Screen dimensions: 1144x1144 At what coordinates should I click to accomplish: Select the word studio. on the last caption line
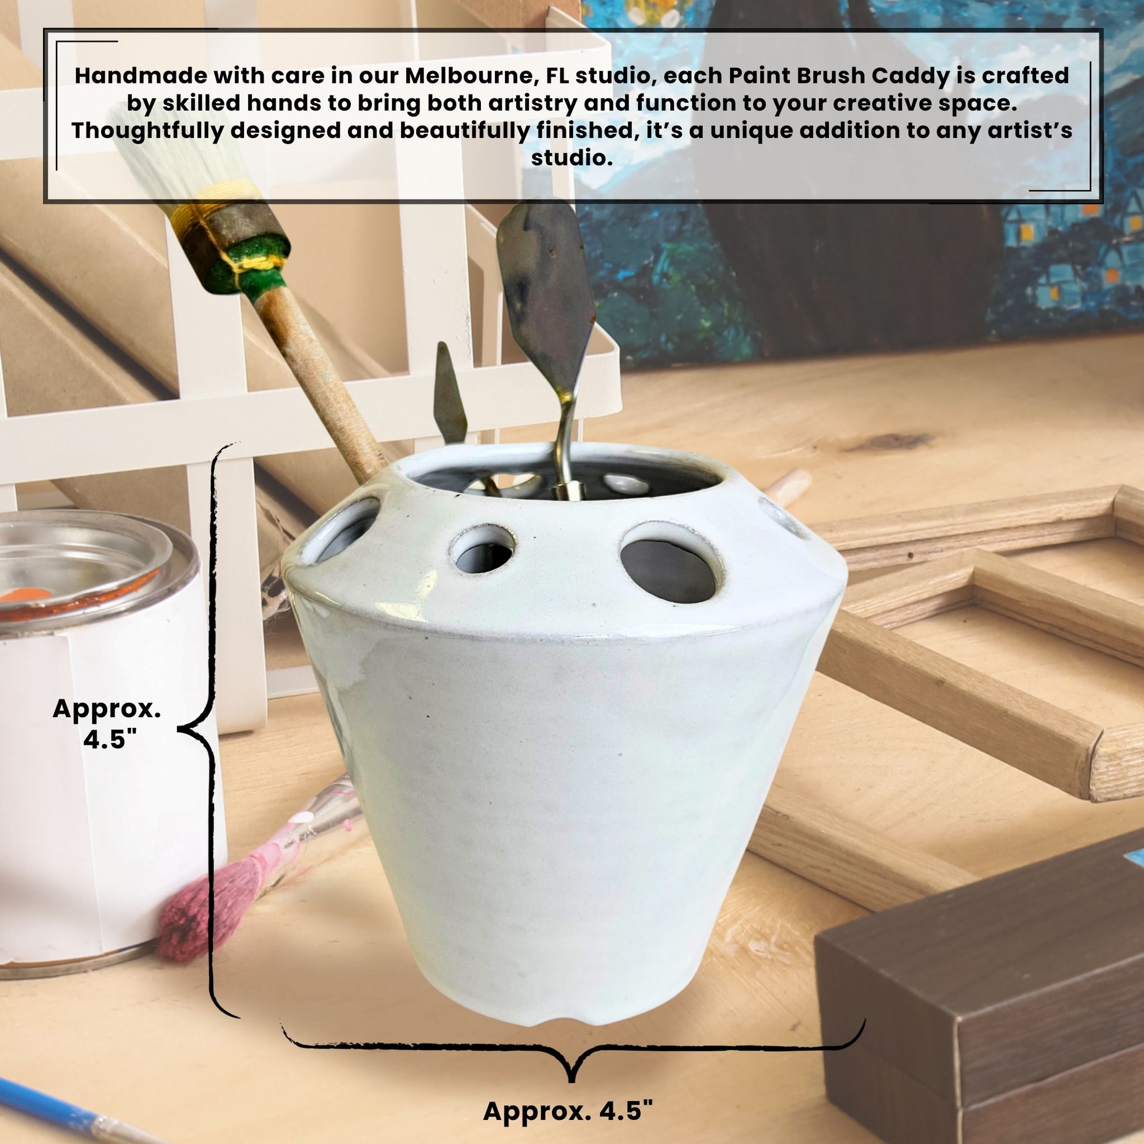tap(571, 158)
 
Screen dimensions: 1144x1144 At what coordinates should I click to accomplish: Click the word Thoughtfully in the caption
tap(148, 131)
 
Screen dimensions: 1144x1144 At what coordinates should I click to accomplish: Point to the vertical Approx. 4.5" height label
tap(107, 723)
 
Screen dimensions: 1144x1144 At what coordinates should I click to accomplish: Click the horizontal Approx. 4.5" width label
tap(568, 1110)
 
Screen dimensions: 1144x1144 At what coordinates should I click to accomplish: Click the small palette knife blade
tap(450, 393)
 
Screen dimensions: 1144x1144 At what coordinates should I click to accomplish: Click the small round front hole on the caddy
tap(483, 551)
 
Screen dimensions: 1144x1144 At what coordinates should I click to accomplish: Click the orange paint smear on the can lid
tap(24, 594)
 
